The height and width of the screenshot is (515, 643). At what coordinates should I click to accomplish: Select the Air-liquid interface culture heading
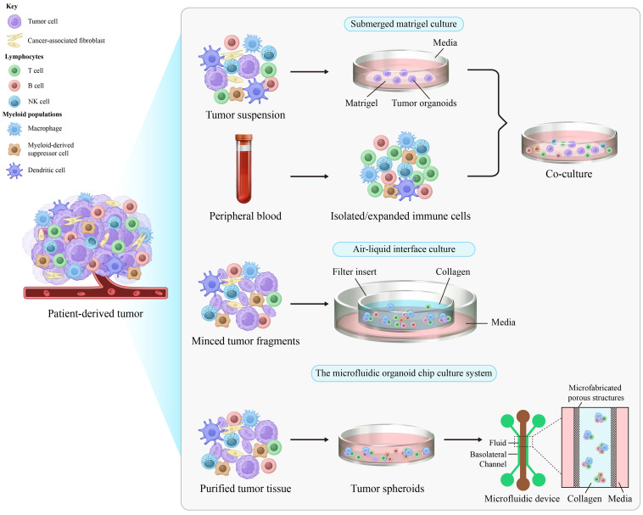416,249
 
